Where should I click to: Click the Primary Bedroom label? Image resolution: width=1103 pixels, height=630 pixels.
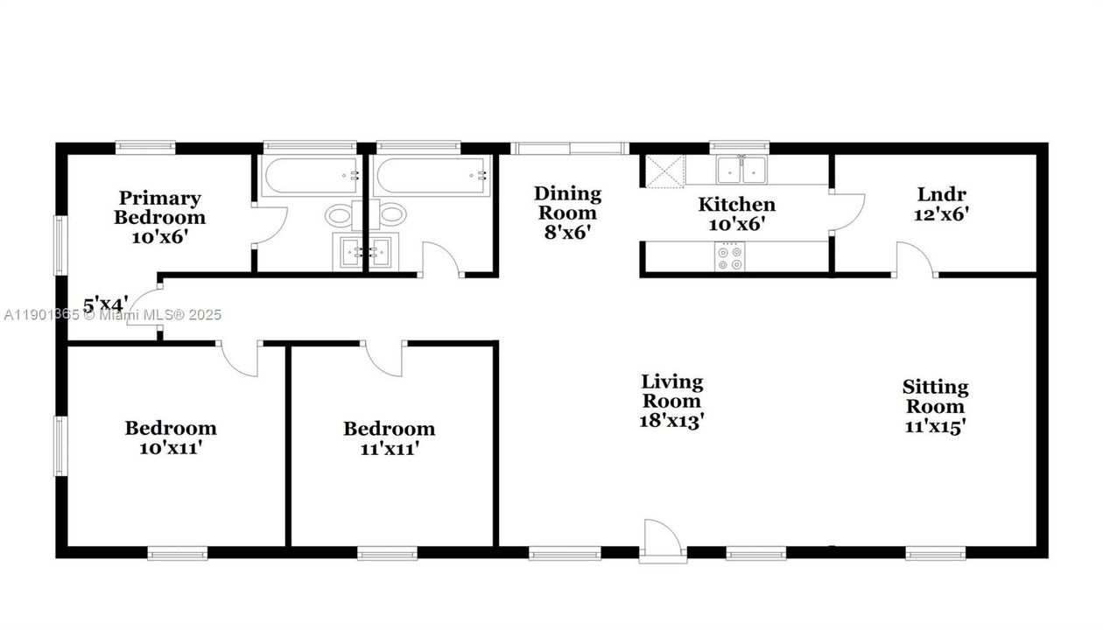[x=160, y=207]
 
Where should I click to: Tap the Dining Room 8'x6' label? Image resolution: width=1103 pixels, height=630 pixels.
[x=568, y=213]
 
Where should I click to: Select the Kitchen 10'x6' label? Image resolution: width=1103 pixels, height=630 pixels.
[x=736, y=213]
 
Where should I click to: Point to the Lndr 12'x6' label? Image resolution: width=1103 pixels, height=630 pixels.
[x=942, y=203]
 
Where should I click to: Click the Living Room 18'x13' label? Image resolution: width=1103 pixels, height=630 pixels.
[x=672, y=401]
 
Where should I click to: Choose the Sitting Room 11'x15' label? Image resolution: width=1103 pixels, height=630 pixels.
[x=936, y=406]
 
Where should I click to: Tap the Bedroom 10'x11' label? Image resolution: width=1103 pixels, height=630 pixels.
[x=171, y=437]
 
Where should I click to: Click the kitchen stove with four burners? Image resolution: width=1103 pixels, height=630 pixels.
[x=730, y=257]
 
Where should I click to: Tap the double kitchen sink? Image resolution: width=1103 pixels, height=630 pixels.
[x=740, y=169]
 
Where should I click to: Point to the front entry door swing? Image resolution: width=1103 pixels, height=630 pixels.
[x=662, y=538]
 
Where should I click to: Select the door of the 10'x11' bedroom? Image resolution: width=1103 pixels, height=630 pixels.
[x=239, y=359]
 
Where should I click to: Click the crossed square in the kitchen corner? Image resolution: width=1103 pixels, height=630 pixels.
[x=665, y=171]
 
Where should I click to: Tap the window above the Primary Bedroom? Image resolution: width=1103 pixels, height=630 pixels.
[x=146, y=147]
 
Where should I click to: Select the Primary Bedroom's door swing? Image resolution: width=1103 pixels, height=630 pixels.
[x=268, y=226]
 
